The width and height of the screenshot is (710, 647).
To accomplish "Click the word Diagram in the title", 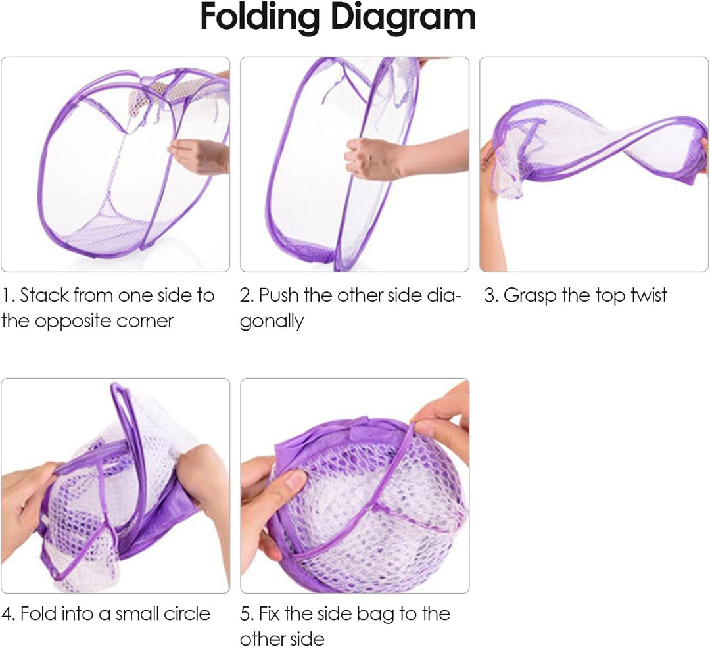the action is [x=403, y=16].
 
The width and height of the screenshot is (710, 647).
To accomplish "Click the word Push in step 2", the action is [x=279, y=295].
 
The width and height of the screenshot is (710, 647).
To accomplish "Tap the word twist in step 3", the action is [x=648, y=295].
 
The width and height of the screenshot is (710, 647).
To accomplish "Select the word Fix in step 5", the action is [x=269, y=613].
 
